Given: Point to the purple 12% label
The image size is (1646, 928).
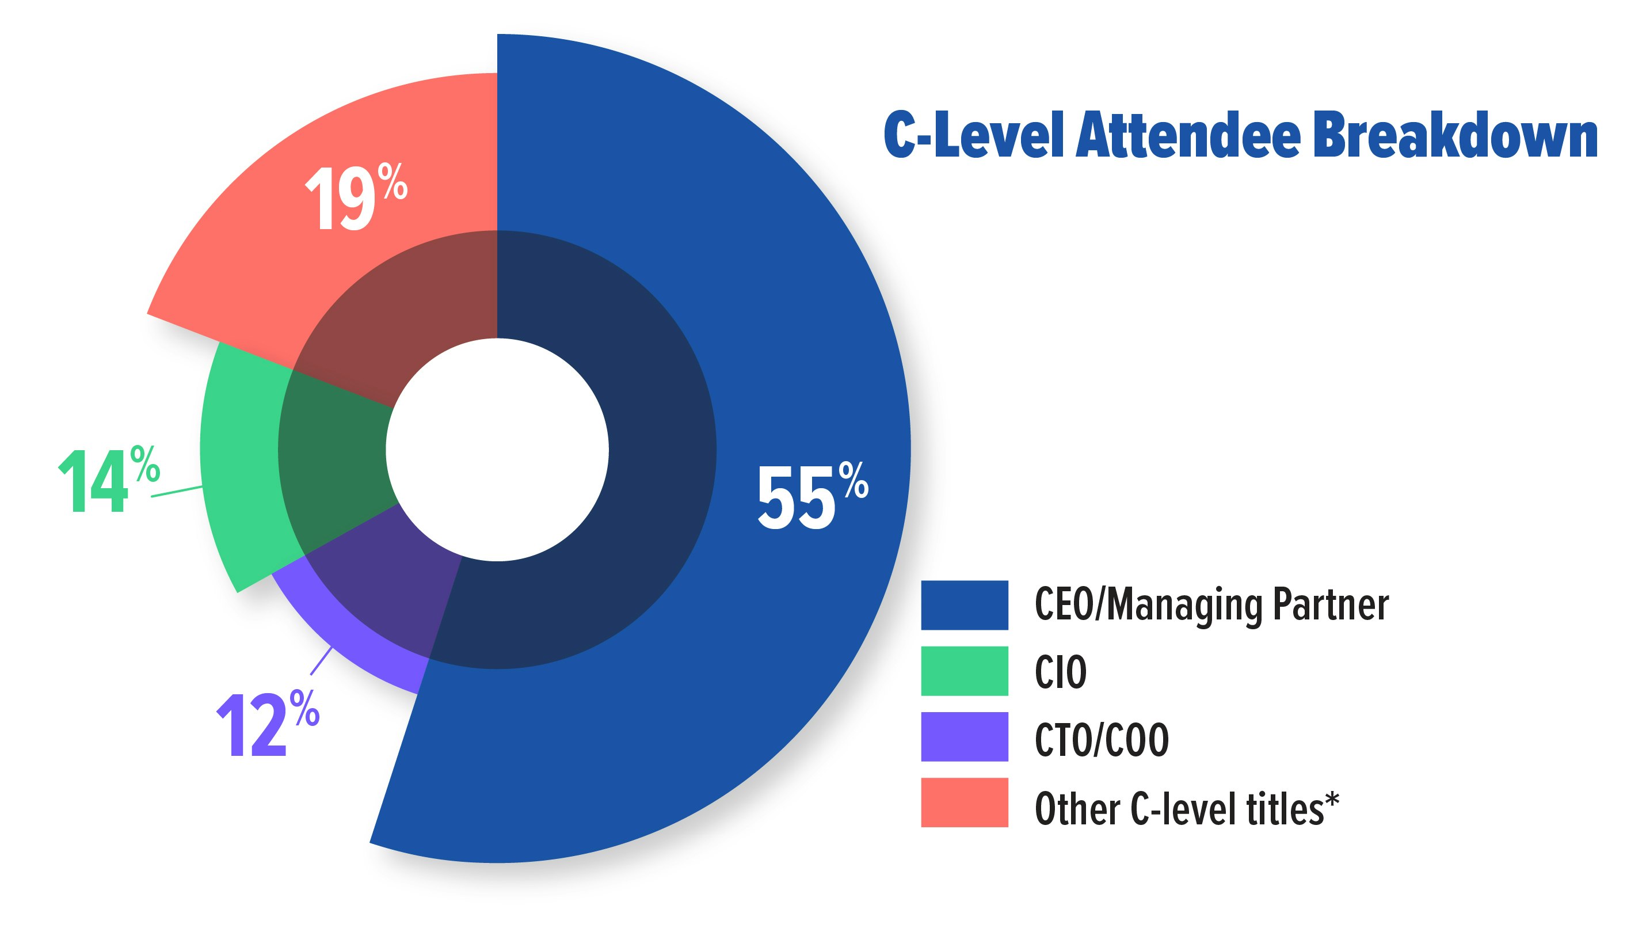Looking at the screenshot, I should pyautogui.click(x=267, y=725).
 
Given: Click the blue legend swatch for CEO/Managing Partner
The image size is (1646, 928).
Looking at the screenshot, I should pyautogui.click(x=963, y=604).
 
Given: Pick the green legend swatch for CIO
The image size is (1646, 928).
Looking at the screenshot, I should pyautogui.click(x=963, y=671).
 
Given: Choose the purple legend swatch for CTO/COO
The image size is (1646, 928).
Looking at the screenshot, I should pyautogui.click(x=963, y=737).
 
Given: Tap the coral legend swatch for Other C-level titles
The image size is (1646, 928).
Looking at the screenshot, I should pyautogui.click(x=963, y=803).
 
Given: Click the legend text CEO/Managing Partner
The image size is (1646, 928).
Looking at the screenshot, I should pyautogui.click(x=1211, y=605).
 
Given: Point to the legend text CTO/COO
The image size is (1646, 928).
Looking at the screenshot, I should pyautogui.click(x=1101, y=739).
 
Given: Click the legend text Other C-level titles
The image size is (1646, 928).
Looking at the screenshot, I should pyautogui.click(x=1179, y=808).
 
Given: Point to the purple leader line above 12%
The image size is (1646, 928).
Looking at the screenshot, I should pyautogui.click(x=321, y=661).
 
